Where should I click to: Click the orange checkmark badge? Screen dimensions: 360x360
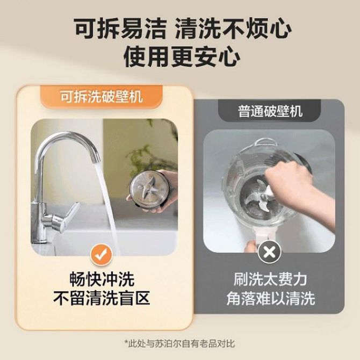100,256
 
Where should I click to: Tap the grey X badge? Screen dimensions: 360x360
269,253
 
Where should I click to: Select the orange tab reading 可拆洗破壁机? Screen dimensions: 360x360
101,96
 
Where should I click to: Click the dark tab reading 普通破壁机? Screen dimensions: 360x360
270,111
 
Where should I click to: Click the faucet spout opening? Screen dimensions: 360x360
96,161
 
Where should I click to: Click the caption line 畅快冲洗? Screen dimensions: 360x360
102,279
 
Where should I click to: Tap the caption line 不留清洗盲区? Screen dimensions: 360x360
101,298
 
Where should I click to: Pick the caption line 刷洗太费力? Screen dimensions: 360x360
270,279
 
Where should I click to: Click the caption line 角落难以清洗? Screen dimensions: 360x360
270,298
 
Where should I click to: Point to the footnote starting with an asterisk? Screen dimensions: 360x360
179,344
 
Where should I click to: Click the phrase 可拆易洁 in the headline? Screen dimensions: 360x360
120,29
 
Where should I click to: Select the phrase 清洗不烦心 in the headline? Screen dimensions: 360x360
233,29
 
